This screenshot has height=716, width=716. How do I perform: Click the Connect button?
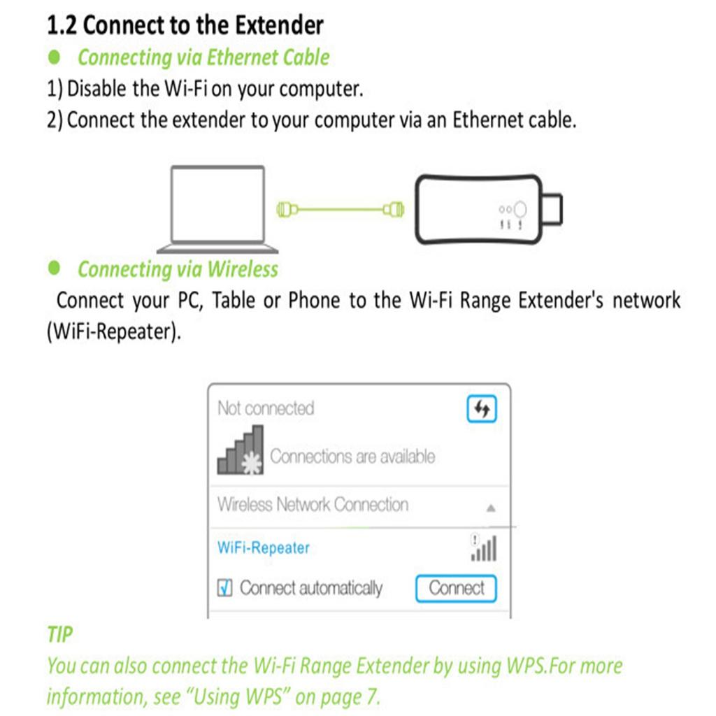456,588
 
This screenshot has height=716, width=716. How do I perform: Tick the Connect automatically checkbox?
224,587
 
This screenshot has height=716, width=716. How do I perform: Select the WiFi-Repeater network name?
264,547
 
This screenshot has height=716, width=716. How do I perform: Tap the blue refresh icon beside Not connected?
482,408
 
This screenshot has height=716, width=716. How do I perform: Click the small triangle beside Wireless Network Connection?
491,508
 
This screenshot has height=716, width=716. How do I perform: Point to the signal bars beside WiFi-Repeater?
484,547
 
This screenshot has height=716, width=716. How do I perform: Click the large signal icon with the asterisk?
241,450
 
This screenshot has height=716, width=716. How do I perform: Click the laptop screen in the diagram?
218,203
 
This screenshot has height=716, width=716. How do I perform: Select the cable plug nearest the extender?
394,210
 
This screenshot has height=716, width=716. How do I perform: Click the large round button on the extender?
520,210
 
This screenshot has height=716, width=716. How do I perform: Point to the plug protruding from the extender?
552,209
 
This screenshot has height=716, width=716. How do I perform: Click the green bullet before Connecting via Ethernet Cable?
55,57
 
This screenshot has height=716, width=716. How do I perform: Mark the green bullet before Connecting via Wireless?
55,268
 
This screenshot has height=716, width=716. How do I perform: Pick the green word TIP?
60,634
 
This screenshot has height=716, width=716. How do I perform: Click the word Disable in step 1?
96,88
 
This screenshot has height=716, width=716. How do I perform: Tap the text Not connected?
266,408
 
